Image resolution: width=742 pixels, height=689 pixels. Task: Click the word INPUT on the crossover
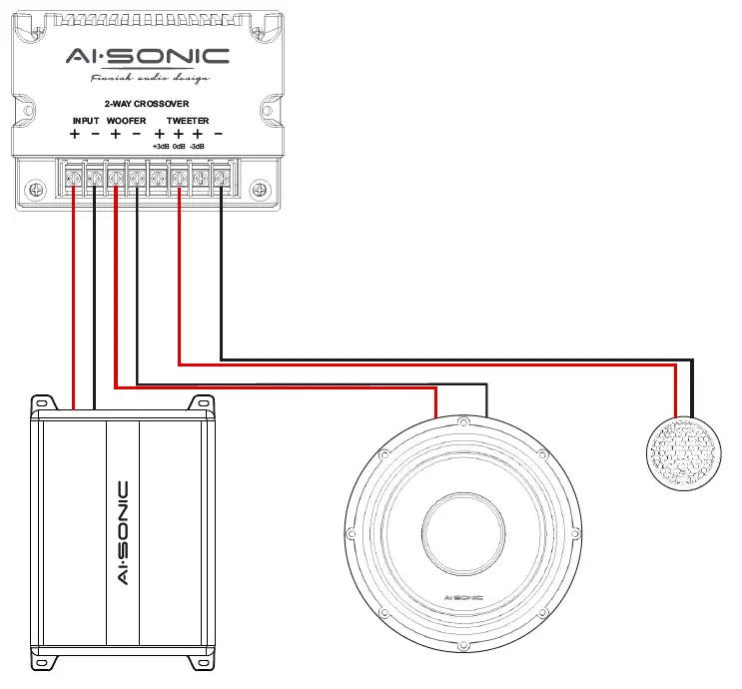point(86,120)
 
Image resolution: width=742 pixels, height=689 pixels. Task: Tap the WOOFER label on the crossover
point(126,120)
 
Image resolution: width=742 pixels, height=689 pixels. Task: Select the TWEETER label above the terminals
point(188,120)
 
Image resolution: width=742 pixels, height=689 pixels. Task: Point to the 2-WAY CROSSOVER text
point(147,103)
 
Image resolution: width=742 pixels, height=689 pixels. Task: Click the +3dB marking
point(160,146)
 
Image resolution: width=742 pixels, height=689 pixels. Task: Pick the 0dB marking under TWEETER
point(179,146)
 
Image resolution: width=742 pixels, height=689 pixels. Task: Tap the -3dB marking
point(198,146)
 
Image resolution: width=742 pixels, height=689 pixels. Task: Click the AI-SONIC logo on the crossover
point(147,57)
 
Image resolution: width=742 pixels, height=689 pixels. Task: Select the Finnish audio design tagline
point(150,78)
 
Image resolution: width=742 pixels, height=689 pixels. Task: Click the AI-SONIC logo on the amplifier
point(123,532)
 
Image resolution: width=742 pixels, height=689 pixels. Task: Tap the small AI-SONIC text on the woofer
point(462,597)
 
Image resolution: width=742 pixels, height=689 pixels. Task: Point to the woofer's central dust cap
point(462,536)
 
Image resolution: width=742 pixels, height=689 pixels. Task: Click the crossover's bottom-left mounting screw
point(37,189)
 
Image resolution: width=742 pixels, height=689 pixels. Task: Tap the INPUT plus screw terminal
point(74,179)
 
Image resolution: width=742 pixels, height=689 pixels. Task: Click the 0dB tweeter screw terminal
point(179,179)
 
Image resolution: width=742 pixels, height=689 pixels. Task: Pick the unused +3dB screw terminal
point(158,179)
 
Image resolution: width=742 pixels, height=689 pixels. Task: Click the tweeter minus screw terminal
point(221,179)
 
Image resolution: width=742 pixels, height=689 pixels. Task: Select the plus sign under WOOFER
point(115,134)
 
